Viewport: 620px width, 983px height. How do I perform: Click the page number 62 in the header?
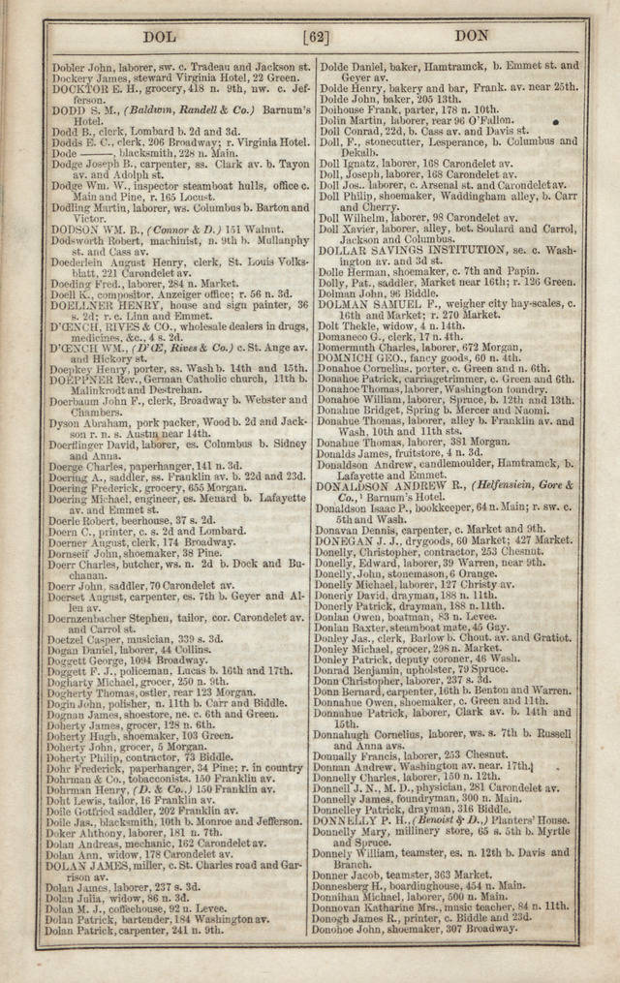point(316,38)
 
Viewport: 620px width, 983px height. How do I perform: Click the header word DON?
point(472,36)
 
